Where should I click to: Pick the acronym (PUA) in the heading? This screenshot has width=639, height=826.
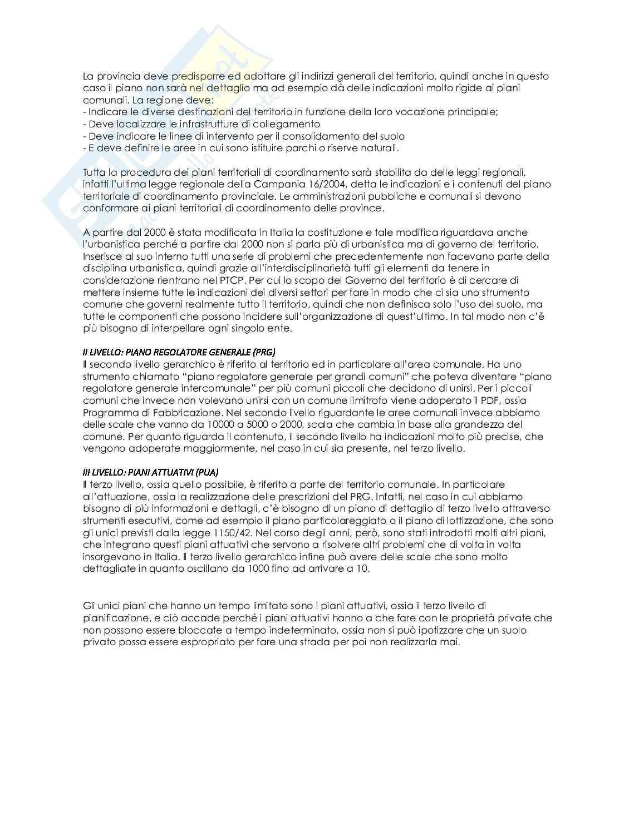tap(212, 472)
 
